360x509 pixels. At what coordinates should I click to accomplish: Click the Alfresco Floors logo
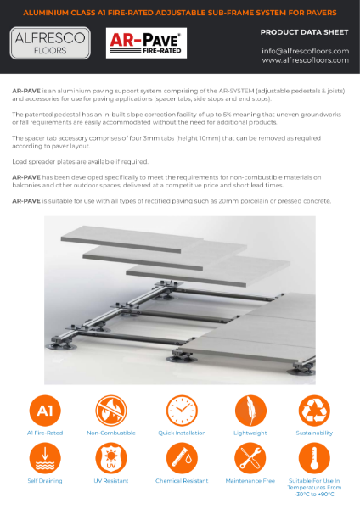(51, 42)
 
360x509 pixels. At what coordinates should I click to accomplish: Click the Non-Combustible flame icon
(112, 410)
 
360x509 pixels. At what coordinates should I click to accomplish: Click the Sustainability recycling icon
(313, 410)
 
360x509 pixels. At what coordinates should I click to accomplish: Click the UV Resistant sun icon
(112, 459)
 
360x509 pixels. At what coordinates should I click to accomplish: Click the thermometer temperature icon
(313, 459)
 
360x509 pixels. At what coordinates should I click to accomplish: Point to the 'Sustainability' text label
(313, 433)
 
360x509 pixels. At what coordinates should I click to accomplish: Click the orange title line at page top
(180, 13)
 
